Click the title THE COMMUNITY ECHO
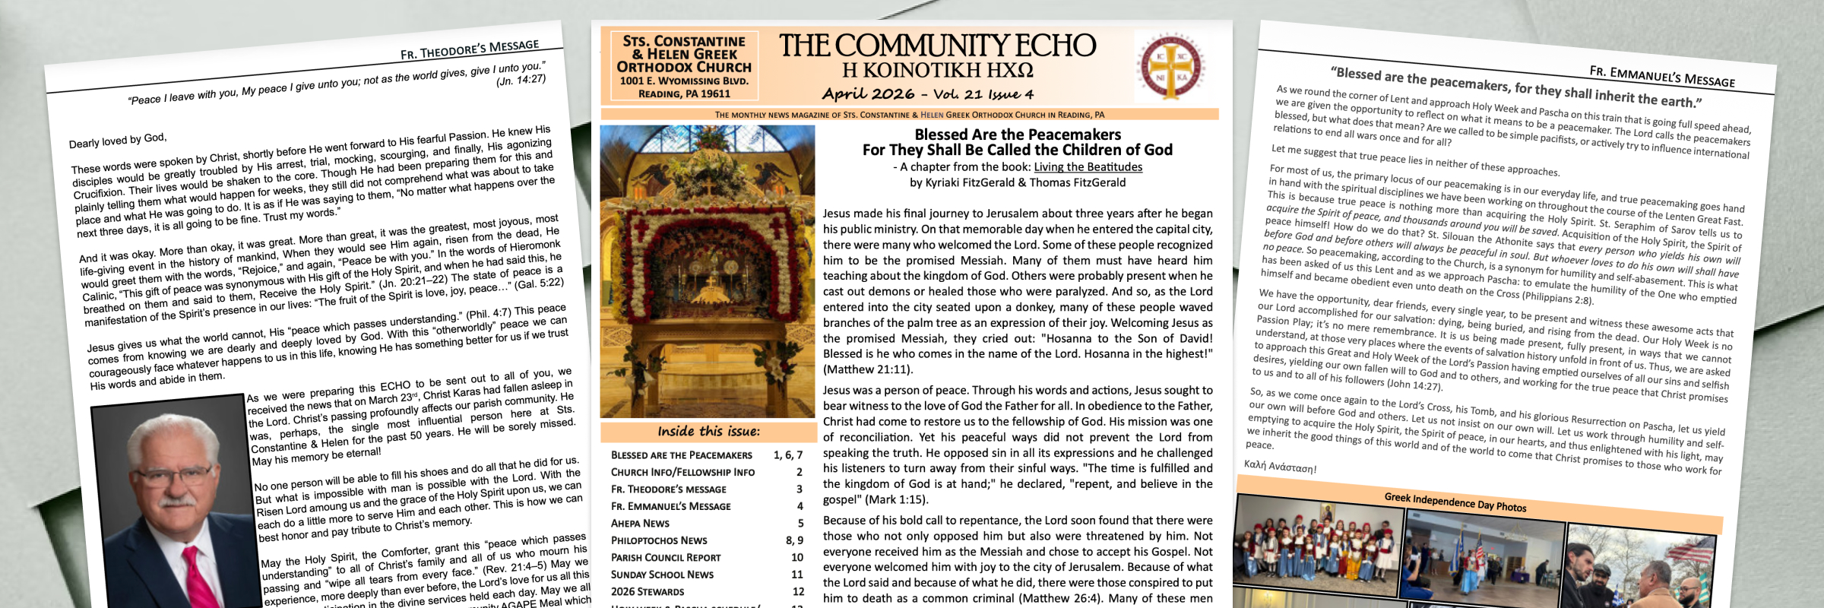937,46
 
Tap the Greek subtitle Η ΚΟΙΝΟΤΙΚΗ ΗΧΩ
937,71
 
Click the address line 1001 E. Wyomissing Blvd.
684,81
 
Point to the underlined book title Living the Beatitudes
1088,167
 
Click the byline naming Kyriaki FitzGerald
1018,182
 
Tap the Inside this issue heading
708,432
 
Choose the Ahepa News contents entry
640,524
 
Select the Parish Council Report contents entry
666,557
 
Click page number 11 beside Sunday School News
796,575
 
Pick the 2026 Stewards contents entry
648,591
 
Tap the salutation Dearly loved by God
117,141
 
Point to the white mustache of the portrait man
176,501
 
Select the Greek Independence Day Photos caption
1455,502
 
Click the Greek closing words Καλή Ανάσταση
1280,466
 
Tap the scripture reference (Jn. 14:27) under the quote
521,80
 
